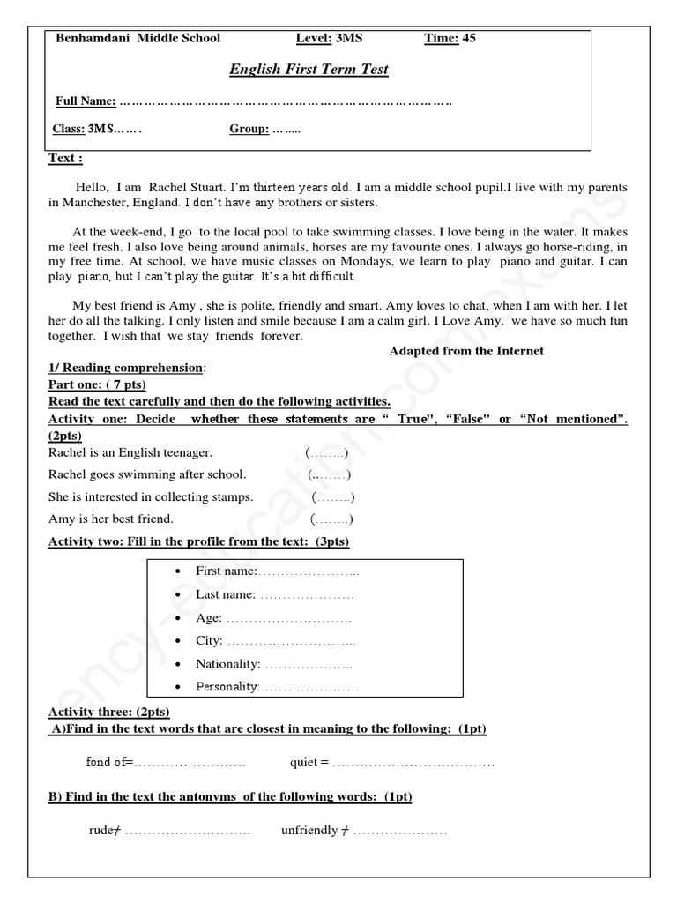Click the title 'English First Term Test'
(x=309, y=70)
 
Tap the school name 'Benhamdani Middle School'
(x=138, y=38)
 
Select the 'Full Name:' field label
(x=86, y=101)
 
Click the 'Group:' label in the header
(x=249, y=129)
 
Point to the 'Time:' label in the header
(x=442, y=38)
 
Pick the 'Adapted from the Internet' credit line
(x=466, y=351)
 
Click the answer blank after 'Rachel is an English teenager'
(x=327, y=452)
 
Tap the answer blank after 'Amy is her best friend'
(x=332, y=519)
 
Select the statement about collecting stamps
(x=151, y=496)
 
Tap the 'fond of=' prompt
(x=109, y=762)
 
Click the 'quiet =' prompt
(x=309, y=762)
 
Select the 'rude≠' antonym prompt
(x=105, y=830)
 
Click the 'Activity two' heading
(x=198, y=541)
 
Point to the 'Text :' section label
(x=65, y=159)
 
